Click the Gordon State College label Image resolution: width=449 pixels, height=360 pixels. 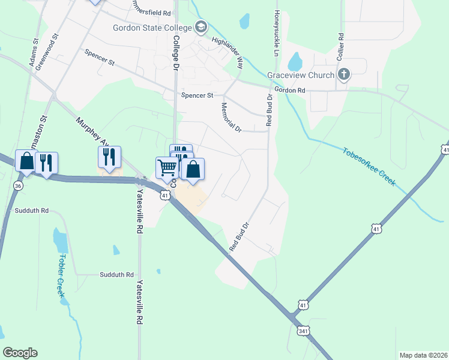point(152,28)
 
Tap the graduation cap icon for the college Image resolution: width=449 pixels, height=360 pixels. point(200,27)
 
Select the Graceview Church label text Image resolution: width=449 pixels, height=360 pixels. point(301,75)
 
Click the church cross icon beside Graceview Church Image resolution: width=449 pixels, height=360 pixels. point(344,74)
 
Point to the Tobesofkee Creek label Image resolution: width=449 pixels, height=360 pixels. point(369,166)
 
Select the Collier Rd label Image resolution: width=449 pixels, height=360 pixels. point(340,46)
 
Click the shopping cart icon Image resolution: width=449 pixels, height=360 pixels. point(167,167)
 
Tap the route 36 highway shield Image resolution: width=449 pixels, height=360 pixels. point(19,186)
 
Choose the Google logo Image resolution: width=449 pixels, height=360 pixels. point(20,352)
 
